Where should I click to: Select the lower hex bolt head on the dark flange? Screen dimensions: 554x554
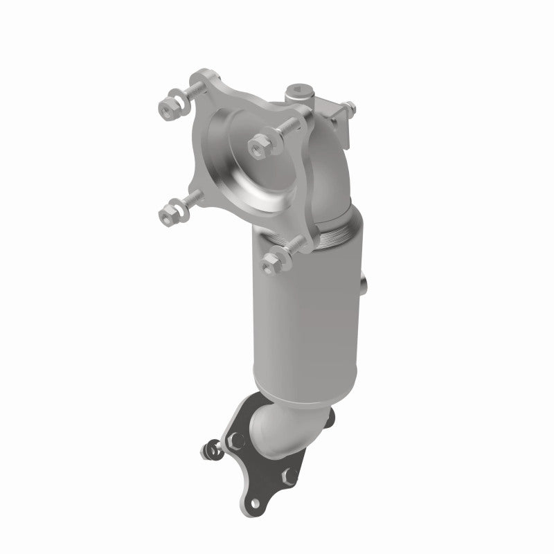point(289,476)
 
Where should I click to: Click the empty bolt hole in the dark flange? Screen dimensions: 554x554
point(256,503)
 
